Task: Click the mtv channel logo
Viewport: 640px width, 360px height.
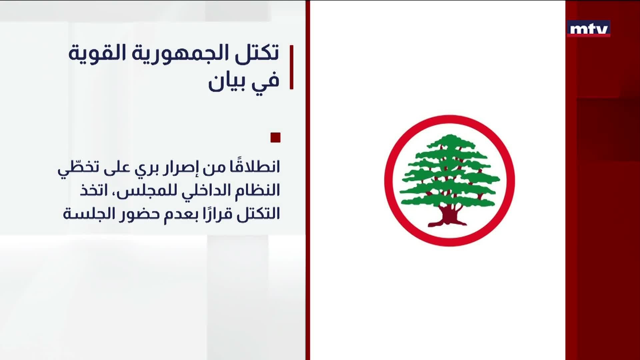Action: tap(589, 29)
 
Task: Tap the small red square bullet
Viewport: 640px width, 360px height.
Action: tap(275, 137)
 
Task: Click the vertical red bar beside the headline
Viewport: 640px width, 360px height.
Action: tap(291, 67)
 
